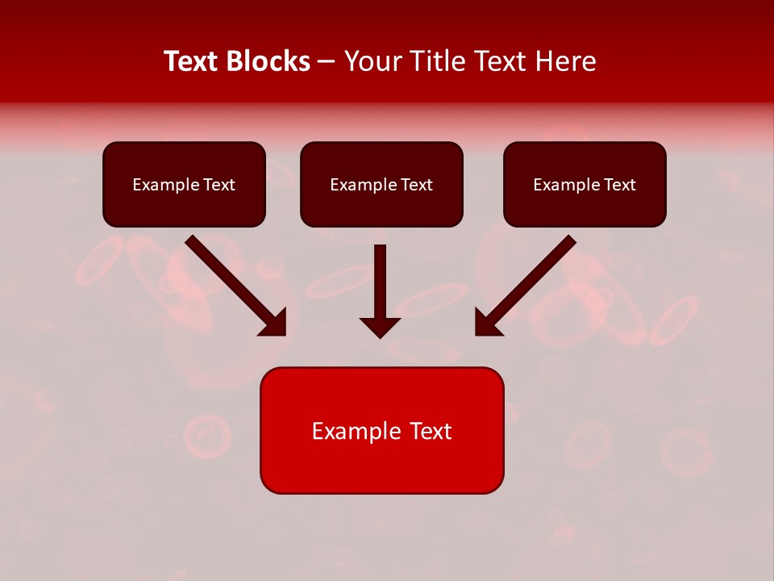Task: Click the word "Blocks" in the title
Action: [x=269, y=61]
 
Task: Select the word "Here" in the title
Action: [x=566, y=61]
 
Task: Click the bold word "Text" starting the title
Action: [x=193, y=61]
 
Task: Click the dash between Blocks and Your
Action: [x=327, y=61]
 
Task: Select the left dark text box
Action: [x=184, y=184]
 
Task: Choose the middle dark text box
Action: [x=381, y=184]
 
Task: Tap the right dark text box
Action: [x=585, y=184]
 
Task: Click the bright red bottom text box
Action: [x=381, y=430]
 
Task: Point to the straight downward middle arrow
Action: [x=380, y=282]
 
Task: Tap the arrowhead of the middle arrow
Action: [x=380, y=327]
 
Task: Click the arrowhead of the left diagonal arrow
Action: [x=274, y=322]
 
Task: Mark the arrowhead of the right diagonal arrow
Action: [x=488, y=322]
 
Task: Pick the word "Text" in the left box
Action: [x=218, y=185]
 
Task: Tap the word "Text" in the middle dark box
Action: [x=416, y=185]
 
